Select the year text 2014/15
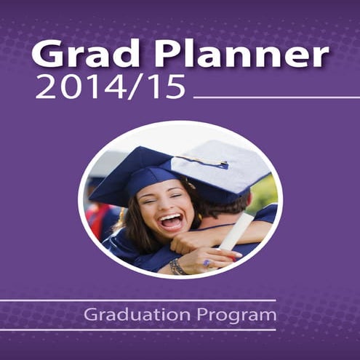click(x=109, y=87)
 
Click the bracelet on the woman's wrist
click(x=176, y=266)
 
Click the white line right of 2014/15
click(x=276, y=97)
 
